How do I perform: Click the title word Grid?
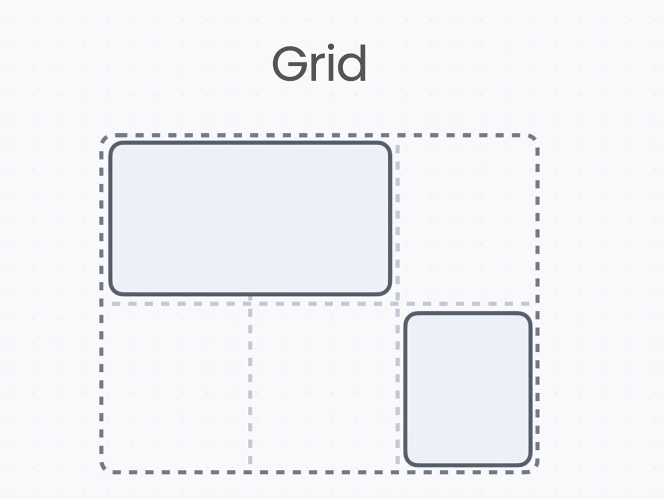pyautogui.click(x=319, y=64)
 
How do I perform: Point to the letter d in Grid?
pyautogui.click(x=353, y=64)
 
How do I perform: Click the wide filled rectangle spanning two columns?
pyautogui.click(x=251, y=218)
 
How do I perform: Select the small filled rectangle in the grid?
pyautogui.click(x=468, y=389)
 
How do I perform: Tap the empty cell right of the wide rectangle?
pyautogui.click(x=468, y=218)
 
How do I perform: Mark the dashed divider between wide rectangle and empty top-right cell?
pyautogui.click(x=398, y=218)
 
